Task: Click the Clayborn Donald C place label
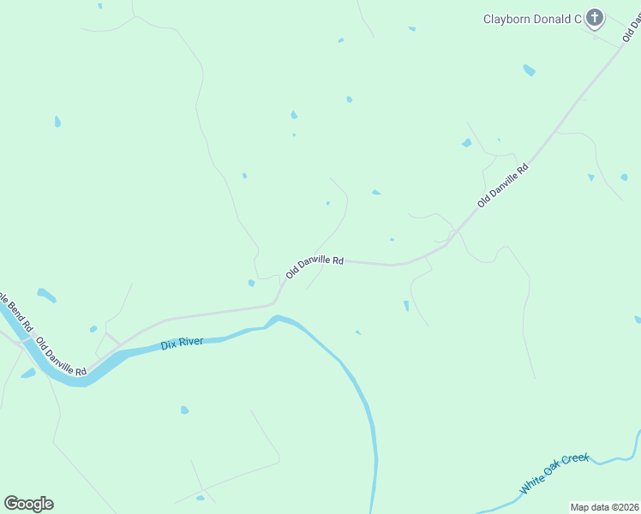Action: point(532,19)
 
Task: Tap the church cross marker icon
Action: point(596,18)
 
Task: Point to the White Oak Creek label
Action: point(555,473)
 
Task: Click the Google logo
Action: point(28,503)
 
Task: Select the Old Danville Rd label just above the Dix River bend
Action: point(315,266)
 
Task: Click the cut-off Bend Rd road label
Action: point(15,312)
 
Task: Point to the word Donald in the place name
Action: point(550,19)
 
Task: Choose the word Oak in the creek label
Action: point(554,474)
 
